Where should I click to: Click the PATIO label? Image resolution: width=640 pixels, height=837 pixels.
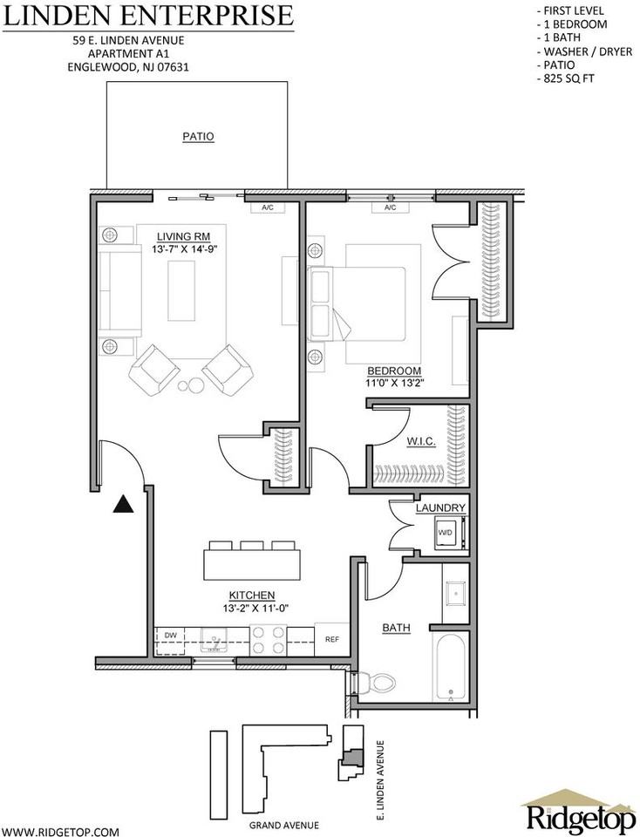[x=198, y=137]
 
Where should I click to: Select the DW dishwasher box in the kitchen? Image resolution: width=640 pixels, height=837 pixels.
[x=169, y=636]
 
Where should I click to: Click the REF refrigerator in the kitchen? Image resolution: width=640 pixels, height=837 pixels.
[x=331, y=639]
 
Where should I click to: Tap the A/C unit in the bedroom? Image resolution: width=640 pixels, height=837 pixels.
[x=390, y=208]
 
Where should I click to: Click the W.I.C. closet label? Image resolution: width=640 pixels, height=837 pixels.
[x=420, y=442]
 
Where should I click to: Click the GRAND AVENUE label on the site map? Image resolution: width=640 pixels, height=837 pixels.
[x=283, y=825]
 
